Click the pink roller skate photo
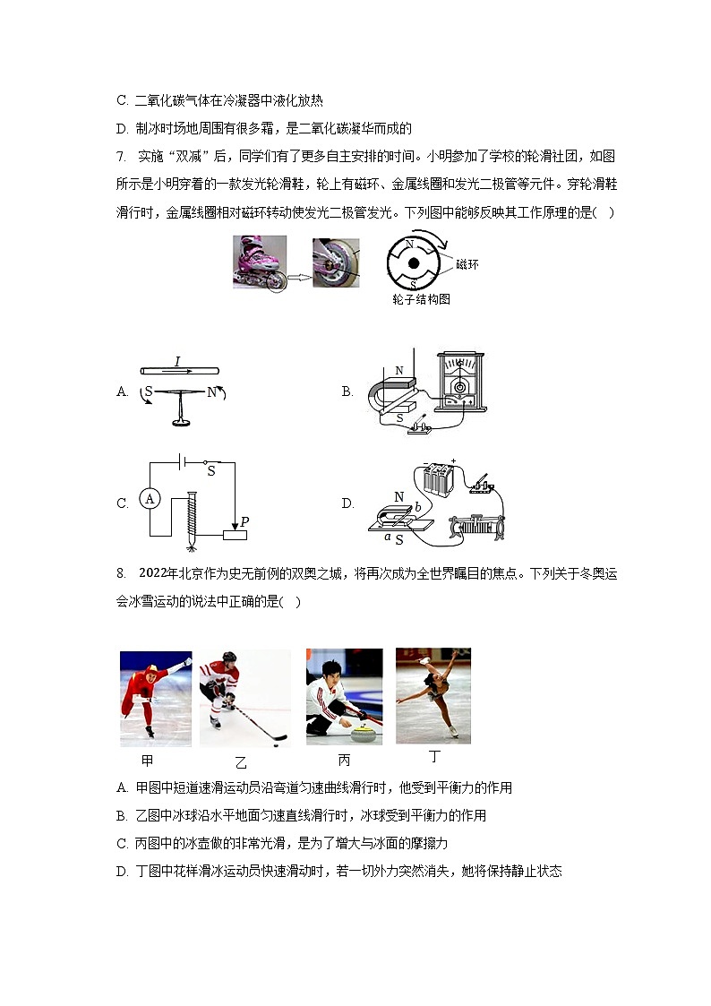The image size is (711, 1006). (x=260, y=261)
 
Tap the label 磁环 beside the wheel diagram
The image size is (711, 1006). (x=467, y=264)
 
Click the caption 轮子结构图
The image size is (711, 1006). (x=420, y=299)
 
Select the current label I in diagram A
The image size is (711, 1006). (x=177, y=361)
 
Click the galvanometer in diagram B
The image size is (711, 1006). (x=460, y=383)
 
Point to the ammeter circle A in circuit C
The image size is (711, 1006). (x=150, y=499)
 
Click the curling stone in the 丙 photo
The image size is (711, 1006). (x=362, y=736)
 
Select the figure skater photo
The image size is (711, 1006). (x=433, y=696)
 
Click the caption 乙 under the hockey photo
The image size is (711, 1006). (x=241, y=762)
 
